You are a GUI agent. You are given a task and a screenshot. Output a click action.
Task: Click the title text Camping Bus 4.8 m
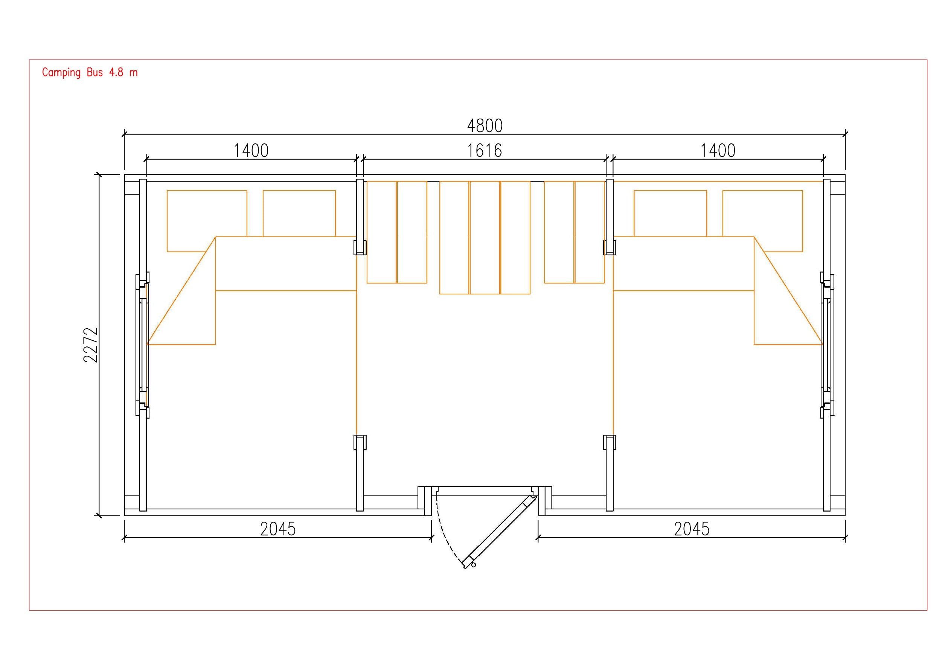(90, 73)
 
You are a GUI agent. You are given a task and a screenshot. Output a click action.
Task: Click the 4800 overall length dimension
(485, 126)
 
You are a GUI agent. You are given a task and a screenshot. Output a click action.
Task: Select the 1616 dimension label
(485, 151)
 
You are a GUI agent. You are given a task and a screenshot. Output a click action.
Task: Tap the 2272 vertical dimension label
(91, 345)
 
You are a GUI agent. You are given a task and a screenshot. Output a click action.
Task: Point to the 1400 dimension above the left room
(251, 151)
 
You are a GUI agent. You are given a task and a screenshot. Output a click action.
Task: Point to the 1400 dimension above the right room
(718, 151)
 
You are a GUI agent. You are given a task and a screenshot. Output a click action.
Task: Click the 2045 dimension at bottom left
(278, 529)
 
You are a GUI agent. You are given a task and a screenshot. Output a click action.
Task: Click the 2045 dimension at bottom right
(692, 529)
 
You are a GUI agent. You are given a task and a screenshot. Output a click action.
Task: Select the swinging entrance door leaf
(499, 532)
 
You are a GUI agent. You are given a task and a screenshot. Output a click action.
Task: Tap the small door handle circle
(473, 565)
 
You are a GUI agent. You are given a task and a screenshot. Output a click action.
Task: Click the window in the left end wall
(142, 345)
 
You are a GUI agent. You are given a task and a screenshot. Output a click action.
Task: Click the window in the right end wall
(827, 345)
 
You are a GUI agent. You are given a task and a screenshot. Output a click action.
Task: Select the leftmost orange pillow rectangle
(207, 221)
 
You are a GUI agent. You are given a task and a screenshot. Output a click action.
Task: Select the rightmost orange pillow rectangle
(762, 221)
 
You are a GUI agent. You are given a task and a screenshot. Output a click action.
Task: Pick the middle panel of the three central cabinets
(485, 238)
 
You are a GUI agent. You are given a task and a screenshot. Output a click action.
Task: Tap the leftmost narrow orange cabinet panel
(381, 232)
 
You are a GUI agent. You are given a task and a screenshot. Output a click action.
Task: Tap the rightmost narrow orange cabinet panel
(590, 232)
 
